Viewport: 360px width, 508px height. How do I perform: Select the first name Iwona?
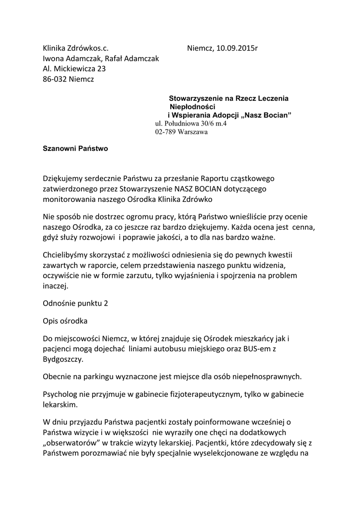(x=53, y=59)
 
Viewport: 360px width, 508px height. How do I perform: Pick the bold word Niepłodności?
(x=192, y=107)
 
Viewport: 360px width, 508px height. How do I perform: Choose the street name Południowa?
(x=181, y=124)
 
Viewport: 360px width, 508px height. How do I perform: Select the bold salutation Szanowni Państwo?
(x=75, y=148)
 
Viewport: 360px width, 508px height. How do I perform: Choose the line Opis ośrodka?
(x=65, y=321)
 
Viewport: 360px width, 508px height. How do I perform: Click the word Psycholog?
(x=60, y=394)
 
